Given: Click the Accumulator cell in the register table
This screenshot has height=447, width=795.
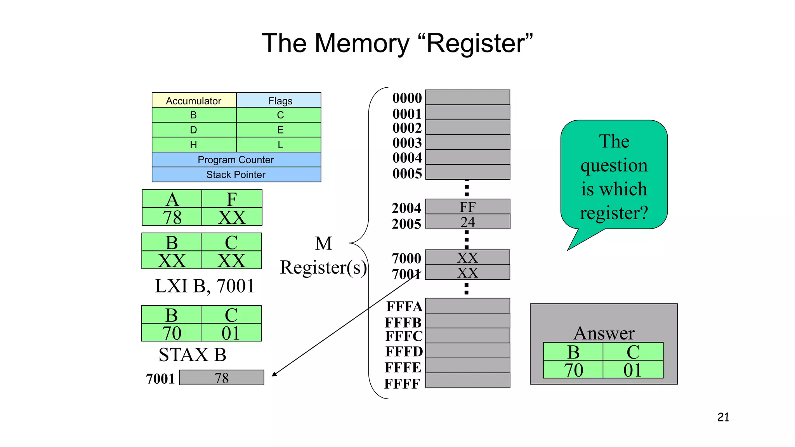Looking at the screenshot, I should (x=194, y=100).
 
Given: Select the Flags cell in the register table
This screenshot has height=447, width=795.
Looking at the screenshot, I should (x=280, y=100).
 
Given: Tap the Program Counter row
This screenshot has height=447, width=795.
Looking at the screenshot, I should (x=236, y=159).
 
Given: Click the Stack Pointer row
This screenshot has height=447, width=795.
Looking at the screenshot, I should (x=236, y=175).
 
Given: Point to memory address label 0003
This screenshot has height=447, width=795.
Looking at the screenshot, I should (x=407, y=143).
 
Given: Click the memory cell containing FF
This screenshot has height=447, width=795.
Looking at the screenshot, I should (x=467, y=207).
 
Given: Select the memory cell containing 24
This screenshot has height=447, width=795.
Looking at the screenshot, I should (x=467, y=222).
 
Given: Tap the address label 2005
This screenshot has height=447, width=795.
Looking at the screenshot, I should (x=406, y=224).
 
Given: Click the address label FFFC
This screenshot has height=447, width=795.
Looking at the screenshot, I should (x=404, y=336).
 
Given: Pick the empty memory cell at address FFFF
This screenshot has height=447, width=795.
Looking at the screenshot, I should (x=467, y=381).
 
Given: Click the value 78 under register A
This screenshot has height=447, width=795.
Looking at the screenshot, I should (x=172, y=217).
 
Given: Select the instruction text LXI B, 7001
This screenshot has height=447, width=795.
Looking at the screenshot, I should (x=205, y=286).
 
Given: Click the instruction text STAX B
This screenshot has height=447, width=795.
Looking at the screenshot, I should (x=193, y=355).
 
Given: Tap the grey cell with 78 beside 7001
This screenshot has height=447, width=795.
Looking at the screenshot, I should (x=222, y=378).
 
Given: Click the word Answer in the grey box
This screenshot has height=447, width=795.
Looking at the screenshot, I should (x=604, y=333).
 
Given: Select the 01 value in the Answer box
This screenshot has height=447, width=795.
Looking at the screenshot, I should (x=632, y=370).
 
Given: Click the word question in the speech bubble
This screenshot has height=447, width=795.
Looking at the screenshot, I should (x=614, y=165).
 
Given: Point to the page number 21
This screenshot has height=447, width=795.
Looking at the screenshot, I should (x=723, y=417).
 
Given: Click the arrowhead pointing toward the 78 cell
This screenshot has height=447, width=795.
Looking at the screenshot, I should (x=274, y=374).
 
